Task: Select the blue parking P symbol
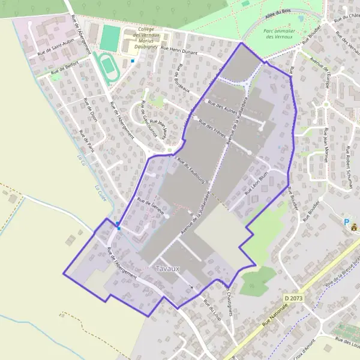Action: coord(346,221)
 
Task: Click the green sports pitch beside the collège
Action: coord(109,37)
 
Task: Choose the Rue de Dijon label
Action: coord(91,109)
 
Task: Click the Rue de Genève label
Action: coord(151,205)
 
